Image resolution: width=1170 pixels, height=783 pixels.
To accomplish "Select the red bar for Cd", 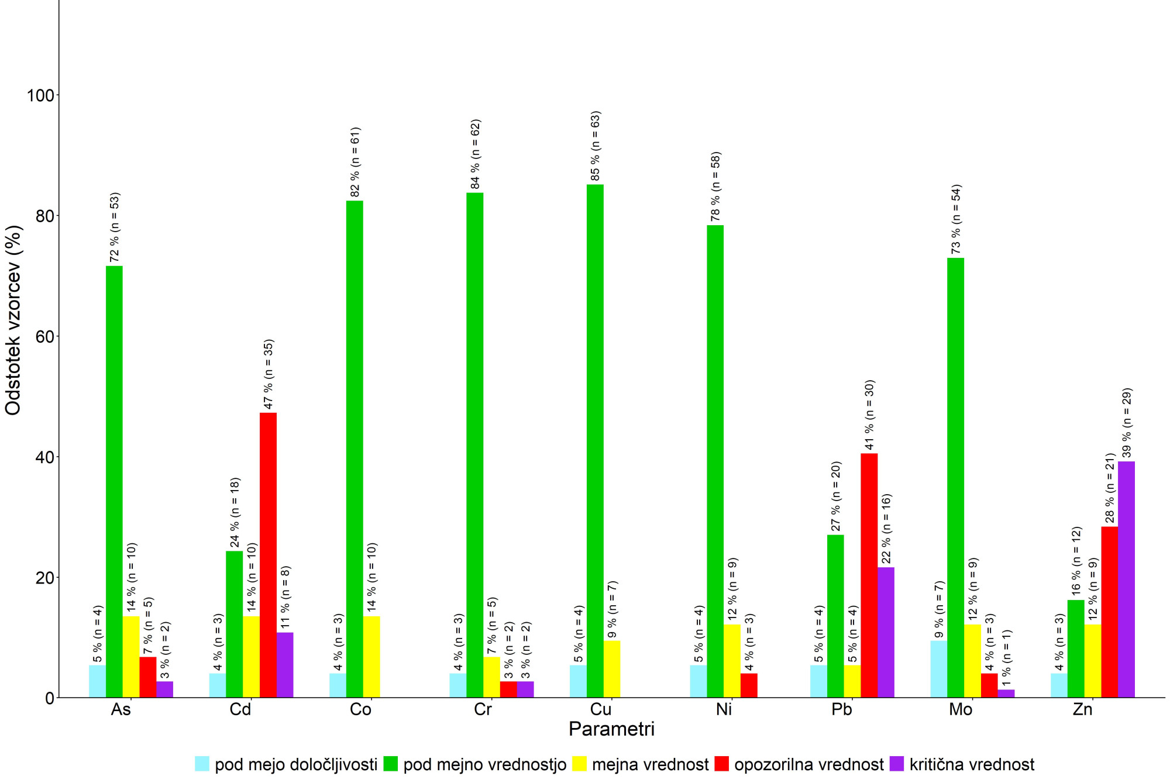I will (268, 555).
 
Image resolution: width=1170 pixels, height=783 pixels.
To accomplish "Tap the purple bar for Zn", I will (1126, 579).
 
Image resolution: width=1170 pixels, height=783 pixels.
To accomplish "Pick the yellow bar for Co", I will (371, 656).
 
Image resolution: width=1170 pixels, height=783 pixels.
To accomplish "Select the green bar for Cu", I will (595, 441).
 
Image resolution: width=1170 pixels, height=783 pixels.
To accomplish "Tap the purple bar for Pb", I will (886, 632).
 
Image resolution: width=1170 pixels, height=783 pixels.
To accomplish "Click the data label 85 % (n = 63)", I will (596, 146).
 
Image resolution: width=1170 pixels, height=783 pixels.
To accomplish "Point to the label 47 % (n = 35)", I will (269, 374).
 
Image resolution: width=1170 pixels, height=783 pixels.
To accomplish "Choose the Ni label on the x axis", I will (724, 709).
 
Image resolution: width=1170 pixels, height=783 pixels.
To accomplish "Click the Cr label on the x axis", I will (483, 709).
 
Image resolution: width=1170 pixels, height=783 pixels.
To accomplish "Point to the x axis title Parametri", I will (611, 729).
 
